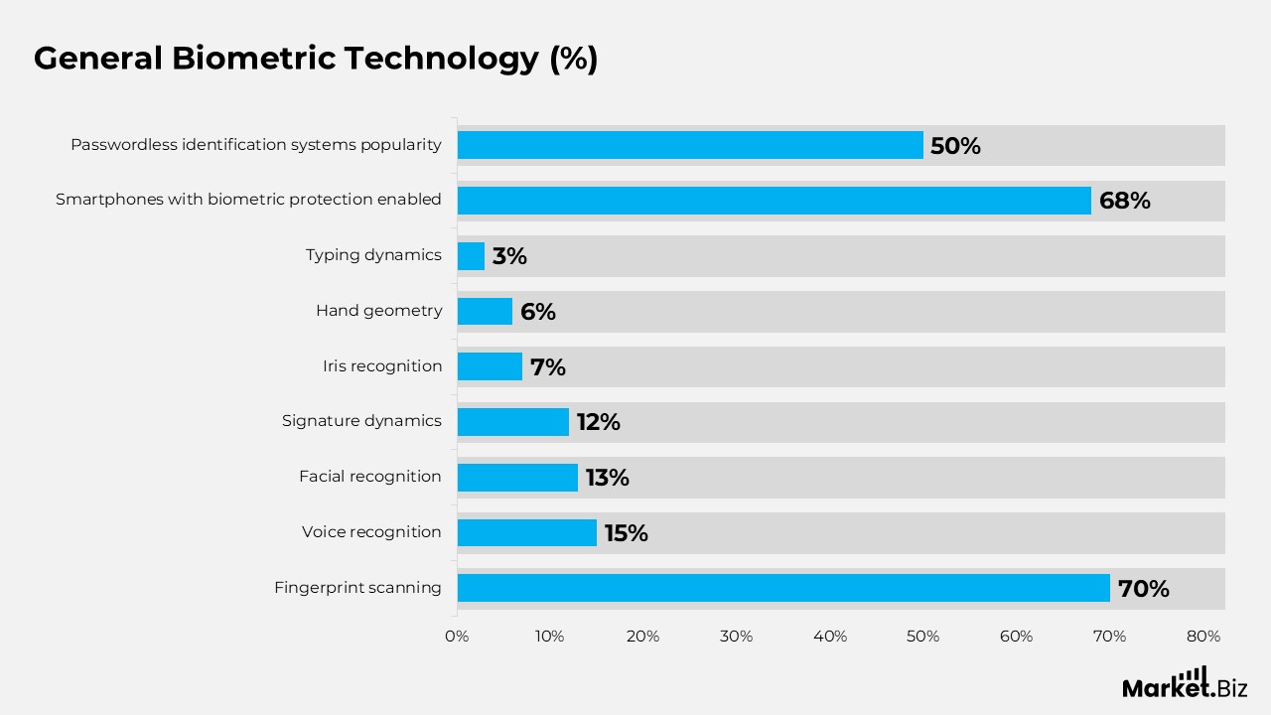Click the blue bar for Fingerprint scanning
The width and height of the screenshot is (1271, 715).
[x=783, y=588]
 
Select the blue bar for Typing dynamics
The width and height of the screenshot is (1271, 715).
[x=471, y=256]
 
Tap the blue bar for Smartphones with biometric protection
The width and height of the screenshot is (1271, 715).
[x=774, y=201]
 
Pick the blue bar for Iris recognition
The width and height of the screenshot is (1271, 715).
[x=490, y=366]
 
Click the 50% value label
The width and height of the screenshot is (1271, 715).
[x=955, y=146]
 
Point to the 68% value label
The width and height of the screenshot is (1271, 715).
[x=1124, y=201]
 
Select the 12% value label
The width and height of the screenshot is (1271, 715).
[x=598, y=422]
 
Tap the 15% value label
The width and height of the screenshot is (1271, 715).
[x=626, y=533]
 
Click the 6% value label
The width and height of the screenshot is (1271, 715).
[x=537, y=312]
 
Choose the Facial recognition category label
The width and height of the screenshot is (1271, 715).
[x=369, y=477]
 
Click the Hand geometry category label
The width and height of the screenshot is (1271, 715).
[x=378, y=311]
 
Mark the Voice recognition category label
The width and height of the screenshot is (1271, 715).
[x=371, y=532]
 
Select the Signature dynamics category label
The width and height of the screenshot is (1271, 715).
[x=361, y=421]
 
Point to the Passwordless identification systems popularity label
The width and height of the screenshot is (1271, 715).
[x=255, y=145]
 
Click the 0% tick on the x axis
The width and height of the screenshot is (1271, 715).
[x=457, y=637]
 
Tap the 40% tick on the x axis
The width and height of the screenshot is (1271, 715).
[x=829, y=637]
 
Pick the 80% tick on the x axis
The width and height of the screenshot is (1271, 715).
[x=1202, y=637]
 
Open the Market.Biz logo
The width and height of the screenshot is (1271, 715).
[x=1184, y=684]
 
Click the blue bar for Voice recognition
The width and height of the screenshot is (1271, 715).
[x=526, y=532]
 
